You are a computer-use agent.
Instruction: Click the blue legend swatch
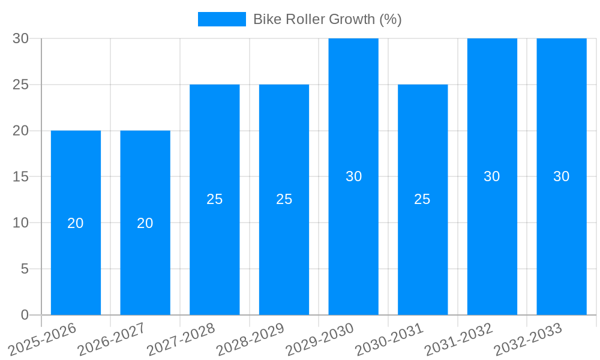[x=221, y=19]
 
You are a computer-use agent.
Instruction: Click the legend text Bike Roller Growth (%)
[x=327, y=19]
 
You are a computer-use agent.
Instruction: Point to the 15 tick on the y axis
[x=20, y=176]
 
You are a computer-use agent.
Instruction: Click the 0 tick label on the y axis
[x=25, y=315]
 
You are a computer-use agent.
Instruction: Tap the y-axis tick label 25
[x=20, y=85]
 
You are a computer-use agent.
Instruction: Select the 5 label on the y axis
[x=25, y=269]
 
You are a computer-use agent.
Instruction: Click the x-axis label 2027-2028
[x=182, y=340]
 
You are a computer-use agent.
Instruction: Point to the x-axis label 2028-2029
[x=251, y=340]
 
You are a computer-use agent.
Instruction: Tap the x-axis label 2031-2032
[x=460, y=340]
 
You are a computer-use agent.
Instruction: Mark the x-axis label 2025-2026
[x=43, y=340]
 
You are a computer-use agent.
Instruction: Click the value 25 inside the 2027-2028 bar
[x=215, y=199]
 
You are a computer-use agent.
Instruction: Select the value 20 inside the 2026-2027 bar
[x=145, y=223]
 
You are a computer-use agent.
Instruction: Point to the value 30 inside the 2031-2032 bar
[x=492, y=176]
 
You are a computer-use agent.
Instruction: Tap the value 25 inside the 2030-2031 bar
[x=422, y=199]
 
